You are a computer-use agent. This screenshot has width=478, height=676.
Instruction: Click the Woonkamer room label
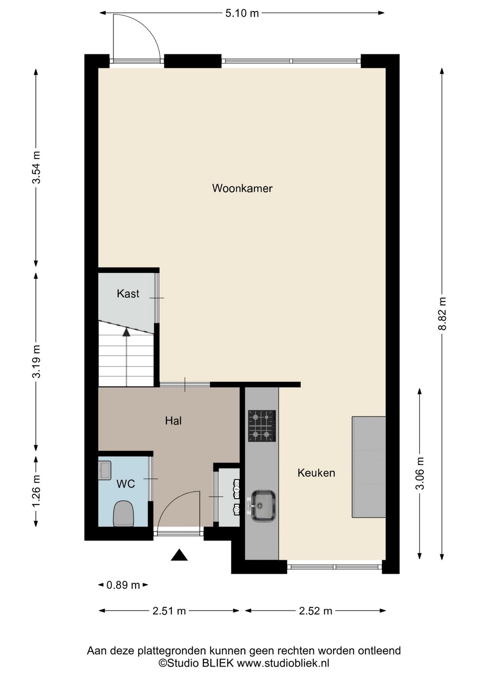(x=242, y=188)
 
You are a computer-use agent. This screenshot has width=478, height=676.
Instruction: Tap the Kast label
(x=128, y=293)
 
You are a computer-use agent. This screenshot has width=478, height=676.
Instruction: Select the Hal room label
(x=173, y=421)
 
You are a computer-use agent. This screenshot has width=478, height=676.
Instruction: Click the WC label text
(x=125, y=484)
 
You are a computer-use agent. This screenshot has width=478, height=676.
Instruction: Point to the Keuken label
(x=316, y=473)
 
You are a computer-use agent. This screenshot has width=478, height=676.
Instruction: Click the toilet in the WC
(x=123, y=513)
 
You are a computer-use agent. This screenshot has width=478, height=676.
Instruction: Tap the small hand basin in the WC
(x=105, y=470)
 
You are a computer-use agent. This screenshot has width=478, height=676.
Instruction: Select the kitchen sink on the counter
(x=263, y=505)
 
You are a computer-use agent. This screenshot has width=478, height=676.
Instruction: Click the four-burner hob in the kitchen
(x=262, y=426)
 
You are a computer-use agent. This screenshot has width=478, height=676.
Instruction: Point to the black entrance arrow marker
(x=179, y=555)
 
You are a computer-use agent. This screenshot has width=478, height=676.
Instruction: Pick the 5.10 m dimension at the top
(x=242, y=13)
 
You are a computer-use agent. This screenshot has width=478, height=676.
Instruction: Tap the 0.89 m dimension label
(x=123, y=585)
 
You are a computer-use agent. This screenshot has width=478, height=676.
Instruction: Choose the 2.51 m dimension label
(x=169, y=611)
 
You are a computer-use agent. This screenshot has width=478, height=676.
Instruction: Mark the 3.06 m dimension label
(x=420, y=473)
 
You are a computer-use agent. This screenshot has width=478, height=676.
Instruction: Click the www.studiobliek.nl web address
(x=283, y=663)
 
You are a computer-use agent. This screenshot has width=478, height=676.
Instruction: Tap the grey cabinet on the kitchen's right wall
(x=369, y=467)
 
